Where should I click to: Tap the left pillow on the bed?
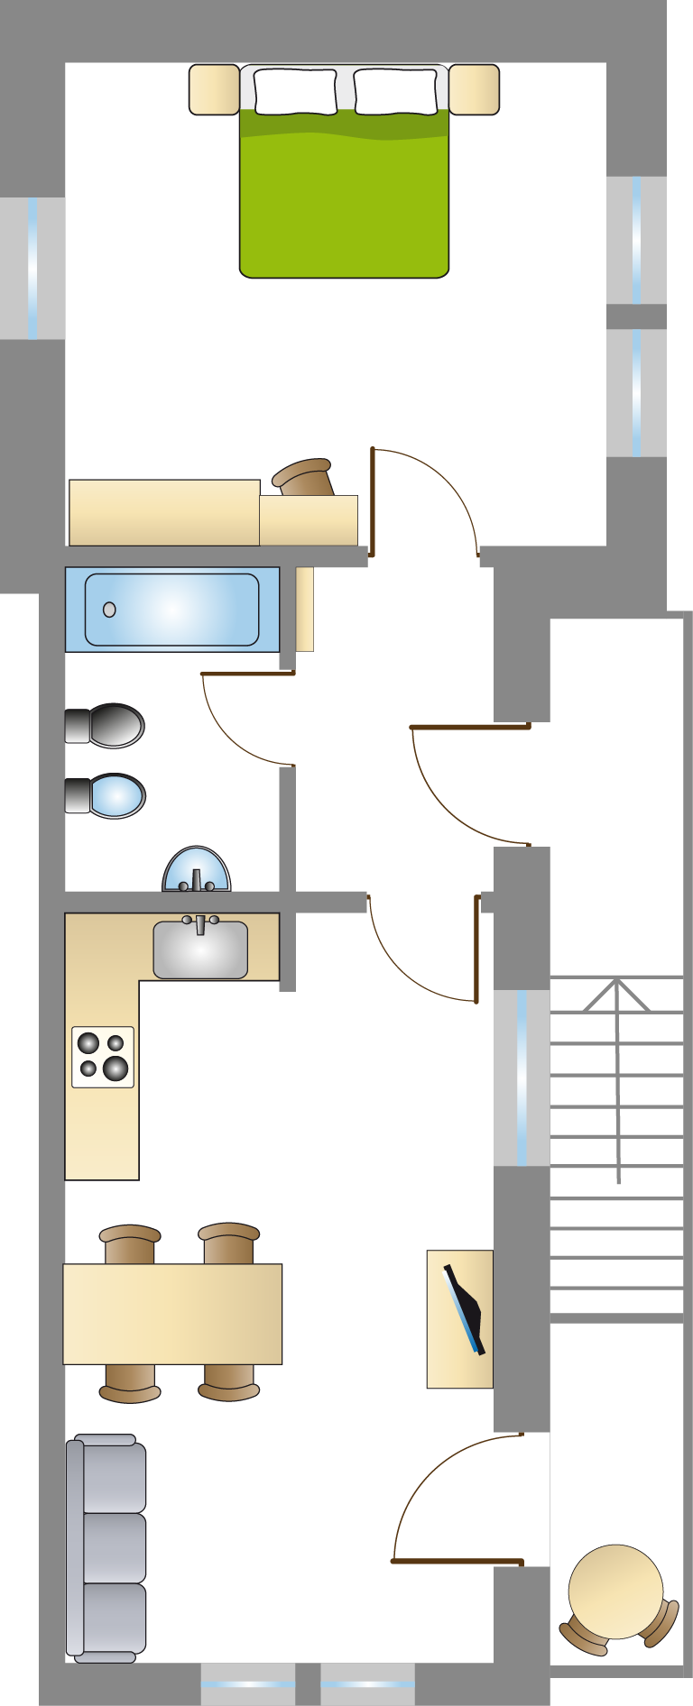tap(295, 91)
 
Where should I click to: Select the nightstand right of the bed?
tap(475, 89)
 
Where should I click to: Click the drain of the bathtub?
tap(110, 610)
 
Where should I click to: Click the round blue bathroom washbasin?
tap(197, 870)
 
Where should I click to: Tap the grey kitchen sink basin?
tap(200, 951)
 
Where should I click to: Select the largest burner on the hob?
tap(115, 1069)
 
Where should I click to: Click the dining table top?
tap(172, 1313)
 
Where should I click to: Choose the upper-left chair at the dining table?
tap(130, 1243)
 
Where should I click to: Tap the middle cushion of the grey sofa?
tap(113, 1547)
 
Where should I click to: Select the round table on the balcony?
tap(615, 1591)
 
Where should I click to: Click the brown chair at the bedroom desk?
tap(305, 478)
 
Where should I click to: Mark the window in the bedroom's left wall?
tap(32, 268)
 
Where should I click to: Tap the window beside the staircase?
tap(522, 1078)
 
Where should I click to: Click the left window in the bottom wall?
tap(247, 1683)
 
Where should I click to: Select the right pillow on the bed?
tap(395, 91)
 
